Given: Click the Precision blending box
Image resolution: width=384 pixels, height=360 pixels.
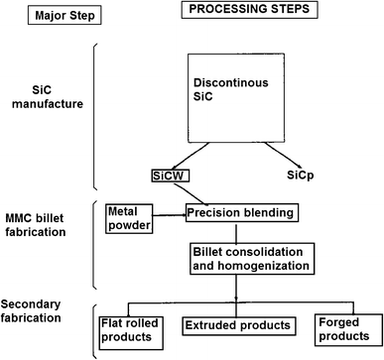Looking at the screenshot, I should (242, 210).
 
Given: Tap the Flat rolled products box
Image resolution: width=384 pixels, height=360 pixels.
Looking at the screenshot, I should (137, 327).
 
